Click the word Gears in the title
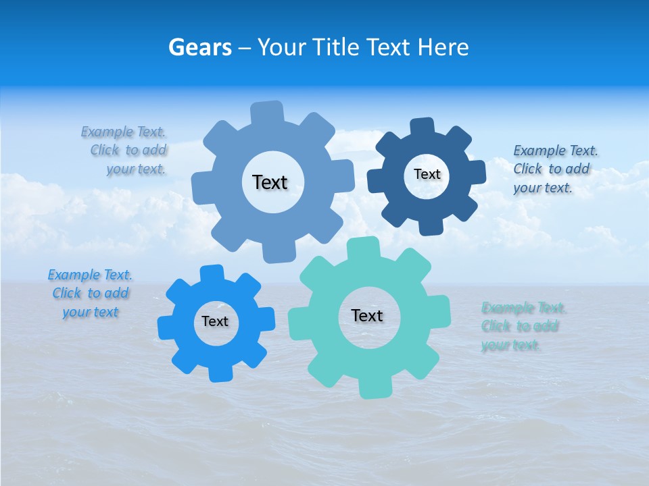click(200, 47)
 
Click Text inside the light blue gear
click(270, 182)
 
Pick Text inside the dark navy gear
click(427, 174)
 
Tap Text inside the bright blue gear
click(215, 322)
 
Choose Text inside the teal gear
click(367, 316)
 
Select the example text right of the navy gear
click(555, 169)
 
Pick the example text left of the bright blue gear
click(90, 294)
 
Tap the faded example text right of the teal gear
click(523, 327)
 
